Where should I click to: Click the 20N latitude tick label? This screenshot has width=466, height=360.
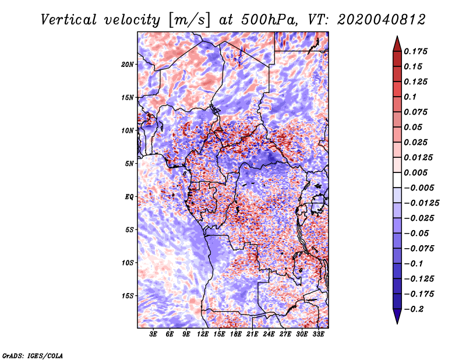coord(128,64)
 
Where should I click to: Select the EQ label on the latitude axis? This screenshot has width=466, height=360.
coord(129,197)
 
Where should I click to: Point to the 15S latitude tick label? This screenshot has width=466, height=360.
coord(128,296)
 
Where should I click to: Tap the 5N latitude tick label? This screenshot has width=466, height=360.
coord(129,164)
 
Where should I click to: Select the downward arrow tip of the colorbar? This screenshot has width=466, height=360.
coord(397,322)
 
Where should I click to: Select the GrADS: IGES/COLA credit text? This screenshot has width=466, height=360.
coord(33,355)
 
